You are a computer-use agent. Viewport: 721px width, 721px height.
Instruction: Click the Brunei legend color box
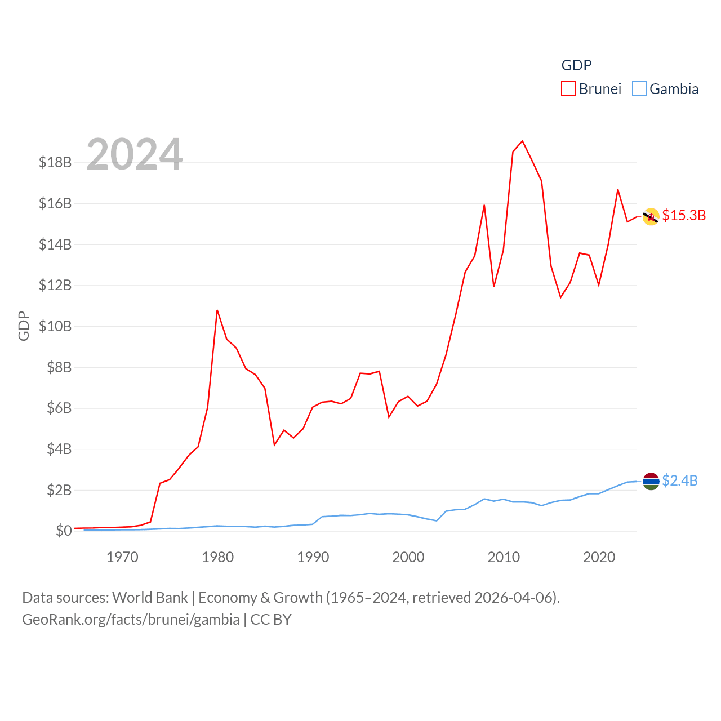pos(568,89)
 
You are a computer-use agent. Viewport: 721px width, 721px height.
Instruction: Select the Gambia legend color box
pos(639,89)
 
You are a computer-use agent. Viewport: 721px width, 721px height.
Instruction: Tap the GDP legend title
pos(576,65)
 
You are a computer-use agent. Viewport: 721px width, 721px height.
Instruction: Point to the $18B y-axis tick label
pos(55,163)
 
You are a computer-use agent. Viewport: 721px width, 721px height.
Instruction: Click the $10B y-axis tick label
pos(55,326)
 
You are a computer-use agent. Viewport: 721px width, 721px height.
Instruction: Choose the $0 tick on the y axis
pos(64,531)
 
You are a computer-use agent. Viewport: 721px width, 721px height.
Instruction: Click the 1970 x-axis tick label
pos(122,558)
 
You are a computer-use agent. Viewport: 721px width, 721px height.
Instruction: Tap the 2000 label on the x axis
pos(408,558)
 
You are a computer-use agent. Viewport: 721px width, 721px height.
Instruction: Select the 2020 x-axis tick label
pos(599,558)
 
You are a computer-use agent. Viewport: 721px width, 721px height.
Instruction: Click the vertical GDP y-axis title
pos(24,326)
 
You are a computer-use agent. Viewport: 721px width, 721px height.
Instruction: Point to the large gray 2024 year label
pos(134,154)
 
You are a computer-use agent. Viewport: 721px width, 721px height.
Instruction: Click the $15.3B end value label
pos(684,215)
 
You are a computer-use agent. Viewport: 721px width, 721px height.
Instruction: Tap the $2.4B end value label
pos(680,480)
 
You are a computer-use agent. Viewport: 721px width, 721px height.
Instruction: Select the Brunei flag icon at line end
pos(651,216)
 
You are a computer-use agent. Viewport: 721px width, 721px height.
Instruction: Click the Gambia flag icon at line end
pos(651,481)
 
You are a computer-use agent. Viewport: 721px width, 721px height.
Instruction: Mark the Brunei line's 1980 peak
pos(217,310)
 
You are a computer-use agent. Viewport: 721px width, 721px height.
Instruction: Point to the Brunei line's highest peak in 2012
pos(522,141)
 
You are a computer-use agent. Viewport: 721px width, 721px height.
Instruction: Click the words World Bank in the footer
pos(150,598)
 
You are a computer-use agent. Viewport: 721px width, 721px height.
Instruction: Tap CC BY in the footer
pos(271,620)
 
